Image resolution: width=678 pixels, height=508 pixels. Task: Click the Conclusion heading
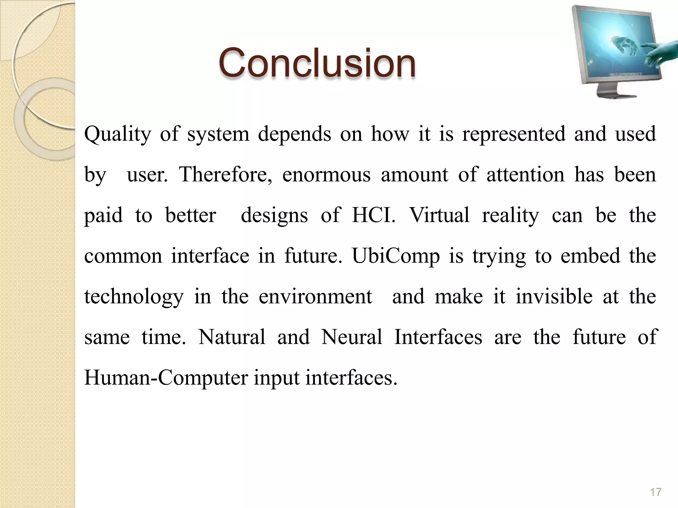[x=317, y=63]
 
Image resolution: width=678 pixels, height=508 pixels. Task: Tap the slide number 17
[x=655, y=492]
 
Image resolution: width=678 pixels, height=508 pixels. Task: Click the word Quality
[x=118, y=135]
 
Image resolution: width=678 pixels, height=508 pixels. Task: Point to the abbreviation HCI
[x=373, y=215]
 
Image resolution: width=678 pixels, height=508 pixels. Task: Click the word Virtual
[x=439, y=215]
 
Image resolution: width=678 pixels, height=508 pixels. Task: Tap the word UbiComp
[x=396, y=256]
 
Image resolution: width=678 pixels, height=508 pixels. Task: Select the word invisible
[x=554, y=296]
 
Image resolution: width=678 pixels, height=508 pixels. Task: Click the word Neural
[x=352, y=337]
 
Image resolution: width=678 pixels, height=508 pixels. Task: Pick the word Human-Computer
[x=166, y=378]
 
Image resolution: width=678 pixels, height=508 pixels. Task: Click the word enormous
[x=326, y=175]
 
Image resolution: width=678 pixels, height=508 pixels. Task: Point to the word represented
[x=513, y=135]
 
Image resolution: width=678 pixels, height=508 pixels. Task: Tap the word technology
[x=133, y=297]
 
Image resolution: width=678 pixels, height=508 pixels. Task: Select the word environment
[x=315, y=296]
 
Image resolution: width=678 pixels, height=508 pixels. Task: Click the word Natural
[x=232, y=337]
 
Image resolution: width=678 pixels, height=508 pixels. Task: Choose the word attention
[x=525, y=175]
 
